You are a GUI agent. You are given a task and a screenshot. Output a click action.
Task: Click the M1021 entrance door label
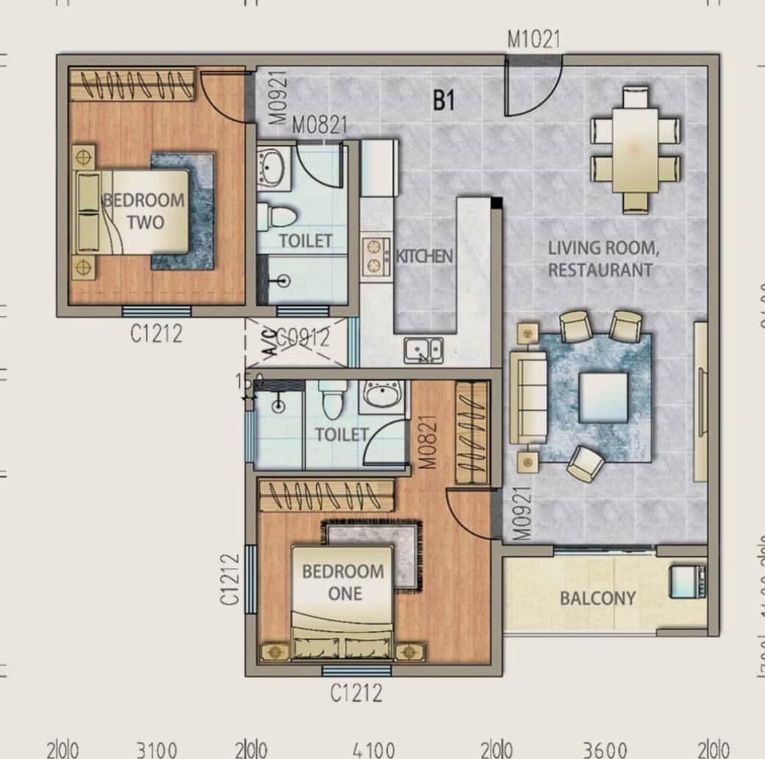pos(533,39)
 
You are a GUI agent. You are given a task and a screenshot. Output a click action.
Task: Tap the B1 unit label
pos(444,101)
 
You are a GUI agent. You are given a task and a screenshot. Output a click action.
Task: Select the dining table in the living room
pos(636,150)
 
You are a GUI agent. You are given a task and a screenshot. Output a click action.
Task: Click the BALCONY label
pos(597,598)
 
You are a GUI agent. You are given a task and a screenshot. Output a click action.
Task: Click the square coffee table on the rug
pos(603,397)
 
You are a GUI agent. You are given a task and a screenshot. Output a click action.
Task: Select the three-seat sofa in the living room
pos(528,397)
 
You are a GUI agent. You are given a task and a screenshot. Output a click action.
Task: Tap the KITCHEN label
pos(424,257)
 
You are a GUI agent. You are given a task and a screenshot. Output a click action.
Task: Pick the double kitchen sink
pos(424,350)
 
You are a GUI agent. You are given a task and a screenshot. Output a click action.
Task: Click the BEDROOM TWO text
pos(144,210)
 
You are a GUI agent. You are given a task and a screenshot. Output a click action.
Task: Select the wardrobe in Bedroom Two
pos(132,85)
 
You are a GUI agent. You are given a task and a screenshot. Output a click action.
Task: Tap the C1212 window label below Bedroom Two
pos(156,334)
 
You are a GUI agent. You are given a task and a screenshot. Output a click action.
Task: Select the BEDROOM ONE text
pos(343,582)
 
